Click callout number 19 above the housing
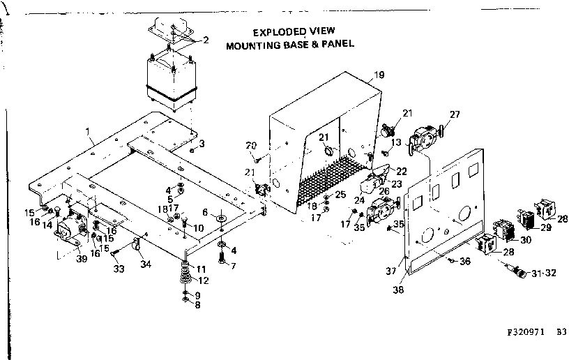[x=379, y=75]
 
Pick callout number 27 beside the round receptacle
[x=455, y=114]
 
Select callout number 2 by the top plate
[x=205, y=40]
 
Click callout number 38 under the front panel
[x=398, y=285]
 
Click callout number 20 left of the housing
[x=252, y=145]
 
